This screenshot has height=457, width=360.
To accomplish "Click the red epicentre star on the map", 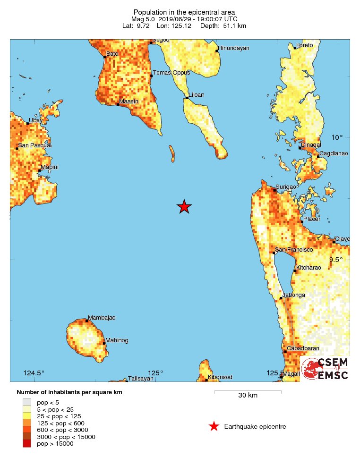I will coord(184,206).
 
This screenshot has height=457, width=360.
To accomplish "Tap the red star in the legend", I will coord(214,426).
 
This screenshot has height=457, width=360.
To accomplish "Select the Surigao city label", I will coord(286,187).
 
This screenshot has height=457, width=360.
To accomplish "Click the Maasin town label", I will coord(129,101).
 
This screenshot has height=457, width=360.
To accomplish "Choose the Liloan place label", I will coord(197,95).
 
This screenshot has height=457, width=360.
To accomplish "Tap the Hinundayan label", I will coord(233,48).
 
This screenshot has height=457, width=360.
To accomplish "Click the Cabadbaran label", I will coord(303,348).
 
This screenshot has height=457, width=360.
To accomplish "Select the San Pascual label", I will coord(34,145).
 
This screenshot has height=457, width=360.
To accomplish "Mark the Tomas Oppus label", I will coord(171,73).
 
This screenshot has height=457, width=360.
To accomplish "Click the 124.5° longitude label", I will coord(34,373).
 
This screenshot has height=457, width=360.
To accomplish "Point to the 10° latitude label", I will coord(337,137).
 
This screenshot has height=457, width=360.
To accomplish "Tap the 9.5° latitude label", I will coord(336,260).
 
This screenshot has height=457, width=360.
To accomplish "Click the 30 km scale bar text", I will coord(248,395).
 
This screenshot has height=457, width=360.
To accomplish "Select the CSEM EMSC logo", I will coord(325,369).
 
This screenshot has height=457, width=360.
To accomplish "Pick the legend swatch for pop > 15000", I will coord(27,443).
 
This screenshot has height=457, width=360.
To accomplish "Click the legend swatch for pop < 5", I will coord(27,402).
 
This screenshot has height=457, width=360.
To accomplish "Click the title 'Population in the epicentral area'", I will coord(184,12).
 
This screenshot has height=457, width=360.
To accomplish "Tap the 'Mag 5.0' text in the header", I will coord(143,19).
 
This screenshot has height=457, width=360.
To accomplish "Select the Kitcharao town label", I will coord(309,268).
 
